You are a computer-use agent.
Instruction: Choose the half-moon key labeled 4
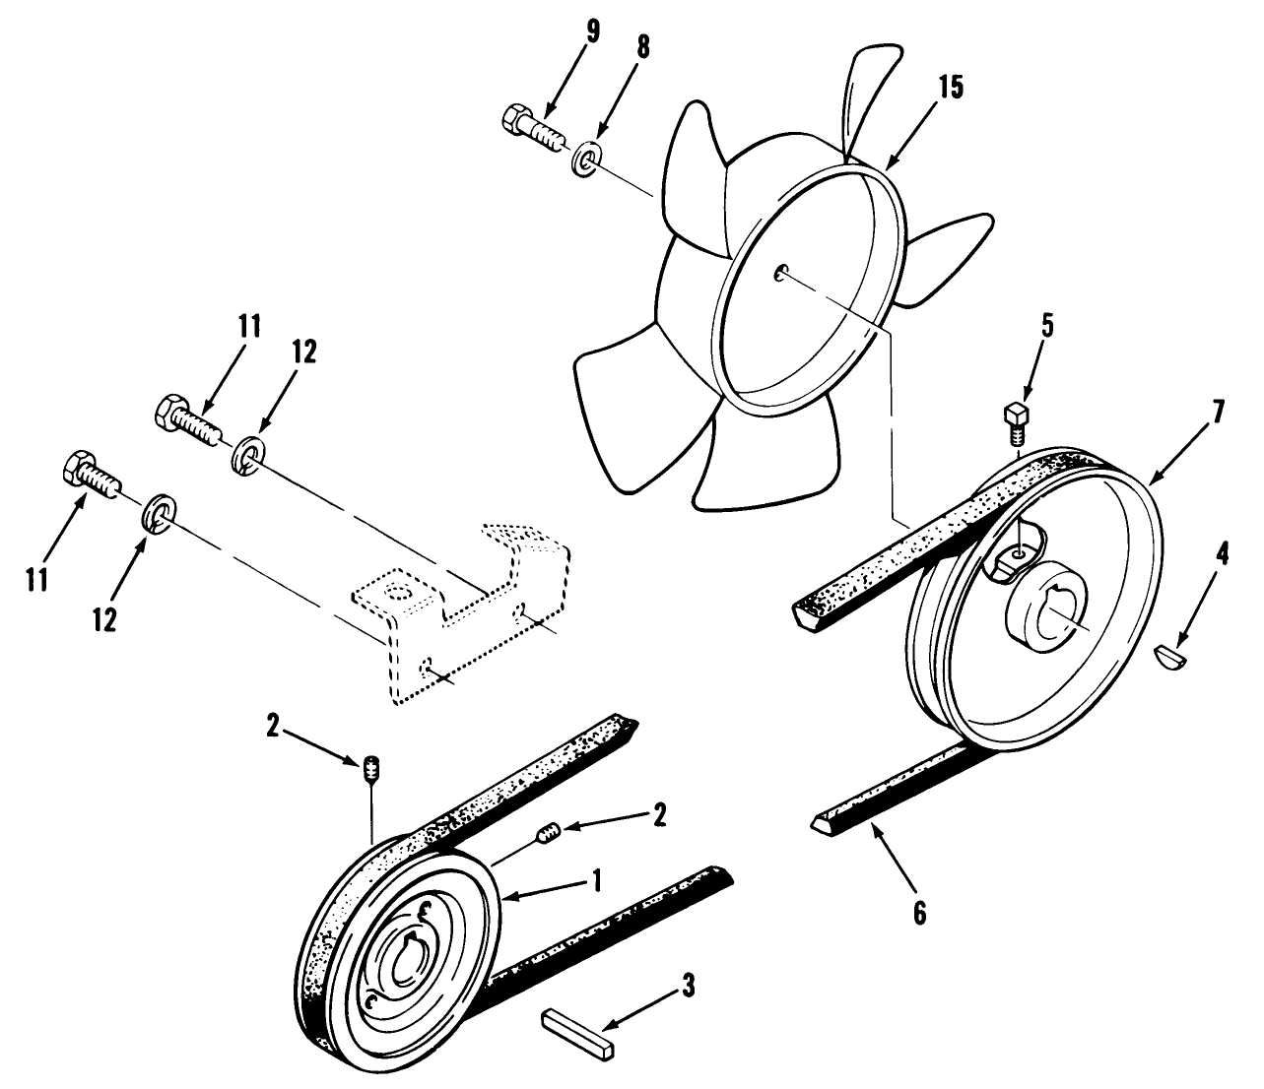(x=1173, y=654)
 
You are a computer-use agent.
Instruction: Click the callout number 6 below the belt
(x=918, y=913)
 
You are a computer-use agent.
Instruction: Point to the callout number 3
(x=689, y=982)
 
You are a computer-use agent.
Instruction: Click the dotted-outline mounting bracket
(x=463, y=620)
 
